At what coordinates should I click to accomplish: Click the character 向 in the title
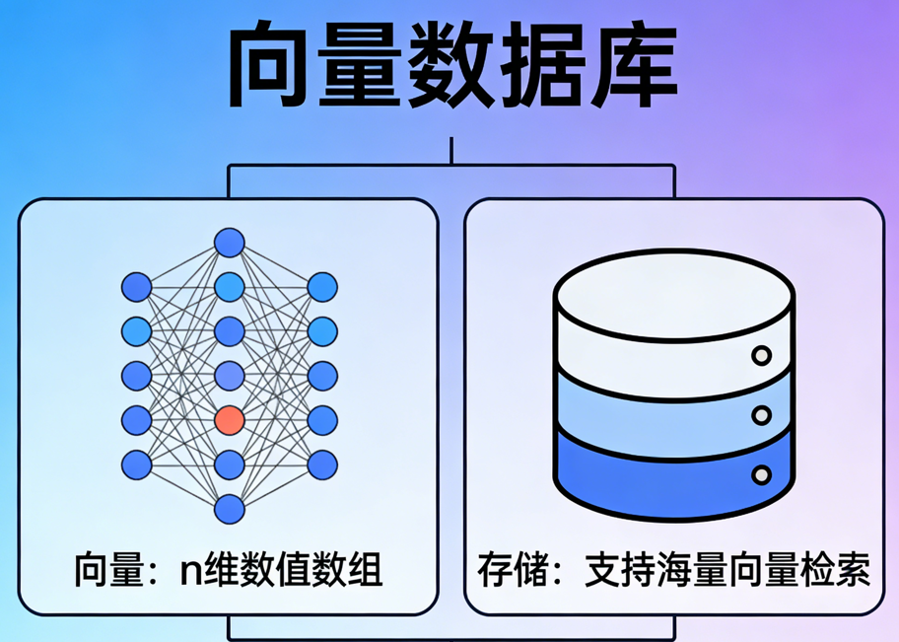click(269, 67)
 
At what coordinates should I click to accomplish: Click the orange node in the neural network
click(229, 419)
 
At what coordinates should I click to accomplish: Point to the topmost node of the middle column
click(229, 242)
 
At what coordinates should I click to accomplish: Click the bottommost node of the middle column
click(229, 509)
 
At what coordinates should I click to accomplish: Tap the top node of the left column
click(137, 287)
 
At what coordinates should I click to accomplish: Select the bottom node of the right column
click(321, 464)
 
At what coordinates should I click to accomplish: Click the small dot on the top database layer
click(761, 355)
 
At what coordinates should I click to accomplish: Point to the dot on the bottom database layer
click(761, 475)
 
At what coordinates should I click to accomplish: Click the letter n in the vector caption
click(189, 570)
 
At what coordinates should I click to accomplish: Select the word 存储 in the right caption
click(515, 570)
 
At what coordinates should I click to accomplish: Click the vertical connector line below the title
click(450, 151)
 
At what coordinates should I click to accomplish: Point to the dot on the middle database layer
click(761, 415)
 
